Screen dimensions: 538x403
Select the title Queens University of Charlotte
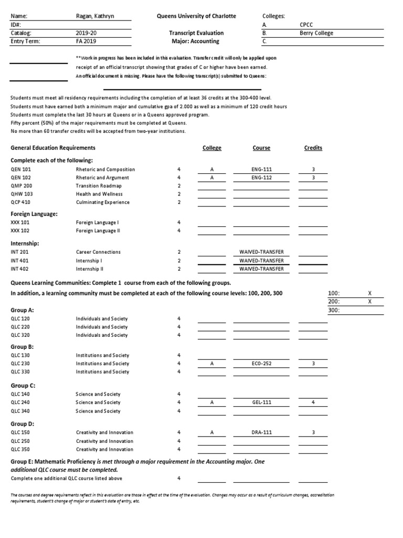(197, 16)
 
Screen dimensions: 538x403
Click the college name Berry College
(316, 33)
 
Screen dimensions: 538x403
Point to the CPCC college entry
(306, 25)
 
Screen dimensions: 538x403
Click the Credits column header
(313, 148)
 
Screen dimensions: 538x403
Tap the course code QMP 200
(22, 186)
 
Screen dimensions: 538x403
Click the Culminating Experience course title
(102, 202)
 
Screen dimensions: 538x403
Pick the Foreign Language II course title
(98, 231)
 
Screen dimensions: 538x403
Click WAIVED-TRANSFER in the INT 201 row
(261, 252)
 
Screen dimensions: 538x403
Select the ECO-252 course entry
(261, 364)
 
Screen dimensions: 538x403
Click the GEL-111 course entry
(261, 402)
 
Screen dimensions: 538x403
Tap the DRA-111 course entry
(261, 433)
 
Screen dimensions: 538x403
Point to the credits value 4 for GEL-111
(313, 402)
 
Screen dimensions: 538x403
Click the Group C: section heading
(23, 385)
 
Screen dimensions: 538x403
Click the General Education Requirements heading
(53, 148)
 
